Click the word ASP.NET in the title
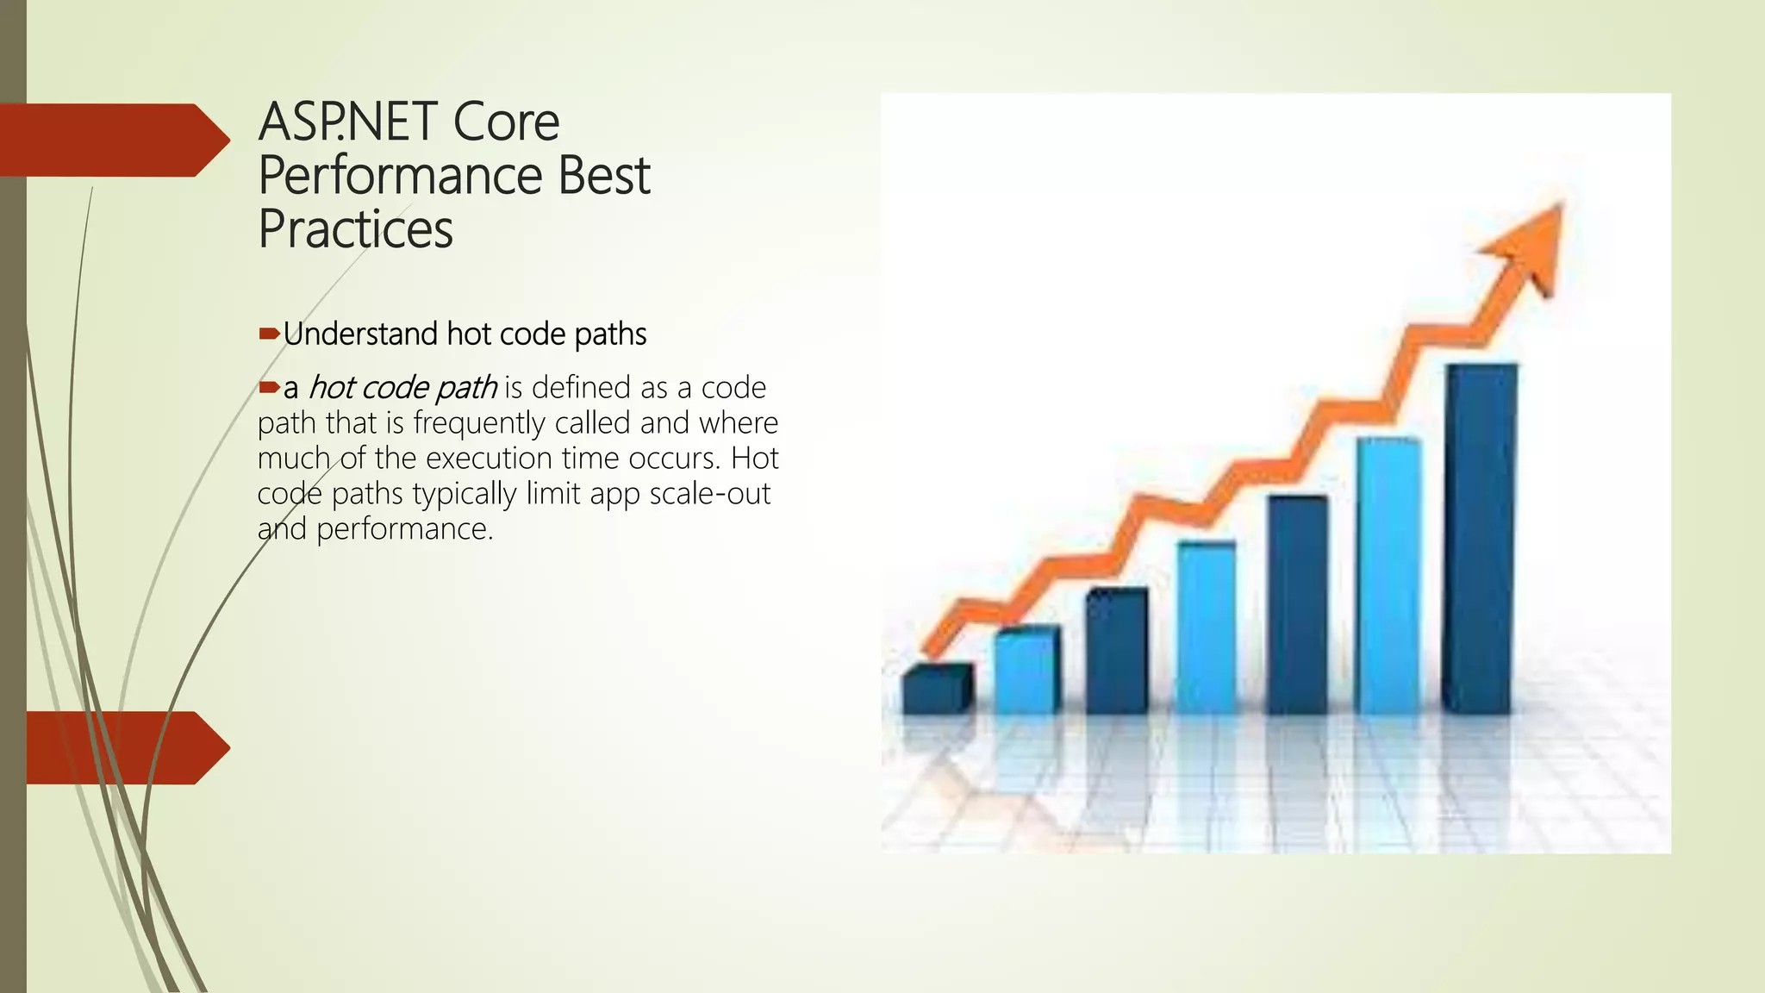click(348, 122)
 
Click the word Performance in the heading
click(399, 176)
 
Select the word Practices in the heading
click(355, 229)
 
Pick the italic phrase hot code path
click(402, 388)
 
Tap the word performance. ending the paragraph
click(404, 529)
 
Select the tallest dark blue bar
click(1480, 539)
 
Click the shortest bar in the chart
click(936, 689)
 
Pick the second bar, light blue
click(1026, 671)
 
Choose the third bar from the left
click(1116, 651)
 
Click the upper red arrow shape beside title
click(112, 141)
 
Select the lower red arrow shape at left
click(121, 747)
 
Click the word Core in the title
click(506, 122)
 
